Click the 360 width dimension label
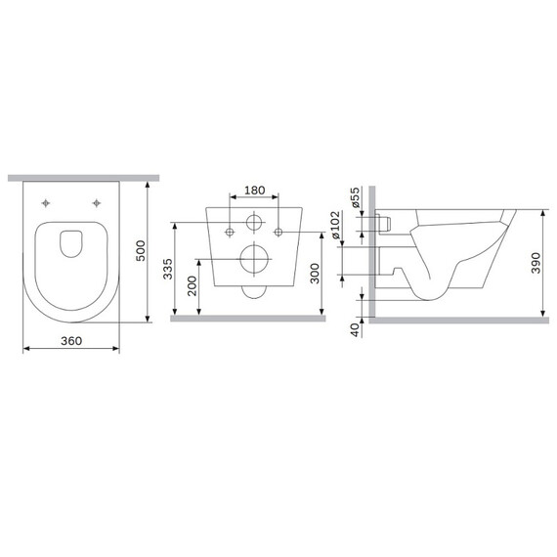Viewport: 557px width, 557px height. click(70, 340)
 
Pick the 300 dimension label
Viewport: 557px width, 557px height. click(313, 274)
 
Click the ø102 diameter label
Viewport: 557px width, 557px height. click(336, 224)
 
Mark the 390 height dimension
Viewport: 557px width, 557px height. click(536, 262)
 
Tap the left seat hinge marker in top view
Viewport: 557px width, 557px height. click(48, 203)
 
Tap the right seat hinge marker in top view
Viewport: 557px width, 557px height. click(96, 203)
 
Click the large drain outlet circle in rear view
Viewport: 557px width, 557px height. click(254, 260)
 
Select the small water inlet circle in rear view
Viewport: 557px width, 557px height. click(254, 222)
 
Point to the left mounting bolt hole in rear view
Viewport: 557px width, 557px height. click(230, 232)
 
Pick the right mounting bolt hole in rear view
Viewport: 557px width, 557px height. click(278, 232)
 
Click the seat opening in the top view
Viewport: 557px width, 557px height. click(71, 242)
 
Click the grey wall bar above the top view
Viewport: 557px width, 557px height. click(83, 177)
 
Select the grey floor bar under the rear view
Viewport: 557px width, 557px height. click(253, 319)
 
